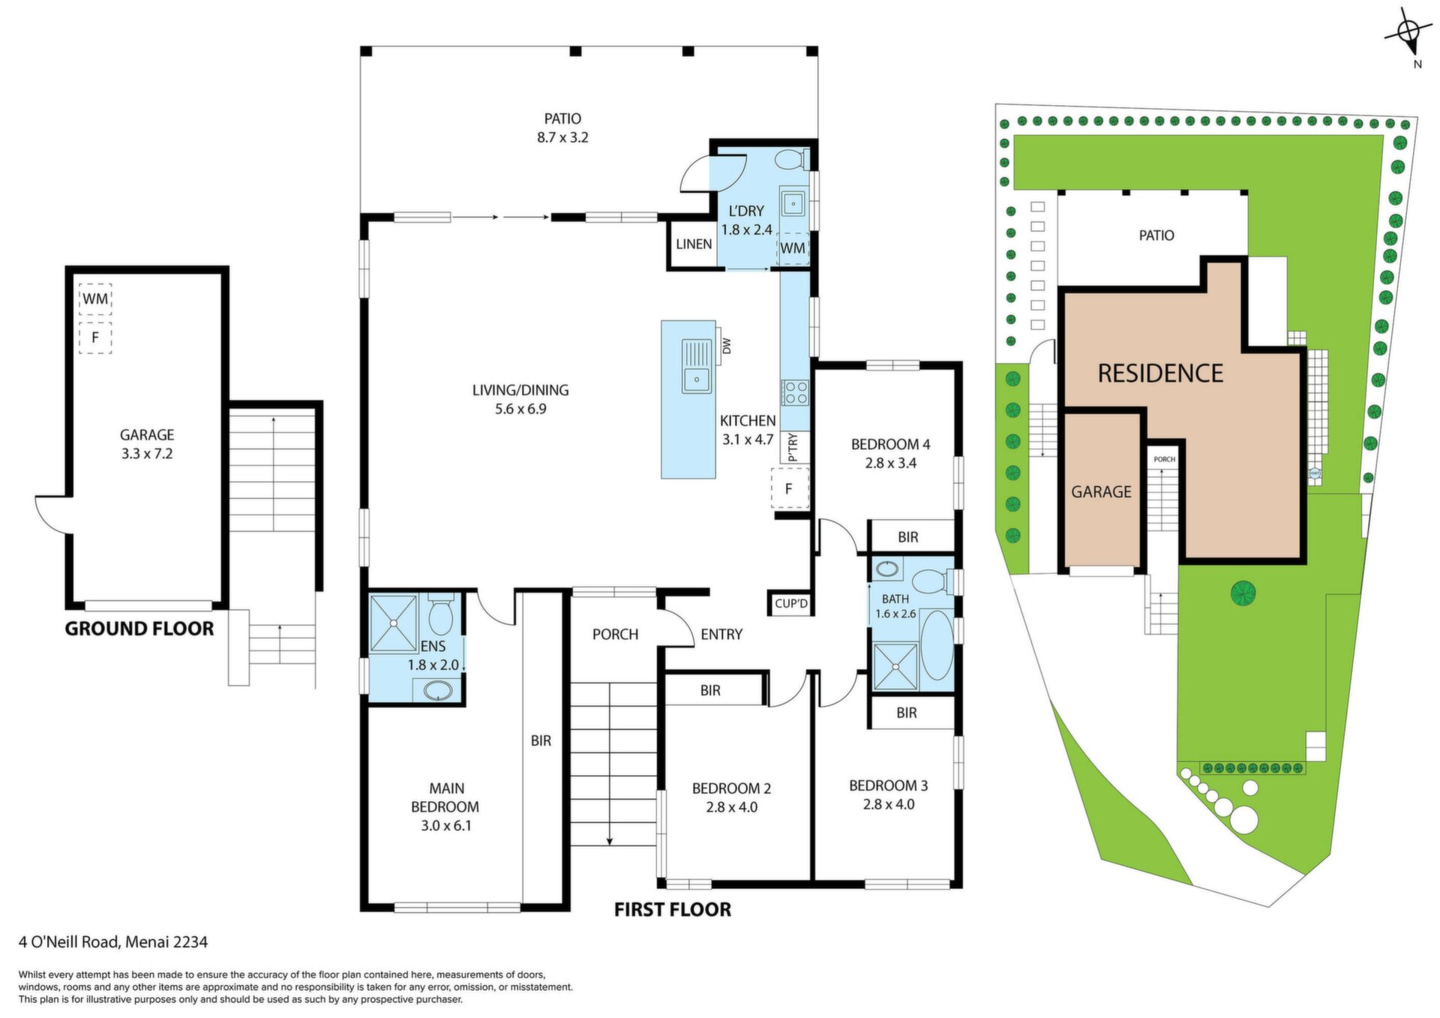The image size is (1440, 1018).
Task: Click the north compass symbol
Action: pos(1408,35)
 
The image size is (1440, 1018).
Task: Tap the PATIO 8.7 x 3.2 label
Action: pos(562,128)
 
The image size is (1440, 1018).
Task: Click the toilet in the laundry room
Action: pos(790,159)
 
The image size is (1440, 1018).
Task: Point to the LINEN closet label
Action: pos(694,244)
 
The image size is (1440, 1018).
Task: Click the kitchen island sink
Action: pos(697,367)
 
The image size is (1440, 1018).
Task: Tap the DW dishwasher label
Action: pos(725,346)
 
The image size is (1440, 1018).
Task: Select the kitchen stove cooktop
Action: pos(795,392)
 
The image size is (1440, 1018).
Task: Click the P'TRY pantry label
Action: pos(793,447)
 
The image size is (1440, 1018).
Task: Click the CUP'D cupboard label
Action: pos(791,603)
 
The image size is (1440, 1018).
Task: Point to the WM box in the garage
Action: pos(95,299)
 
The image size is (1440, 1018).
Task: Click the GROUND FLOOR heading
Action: pos(139,629)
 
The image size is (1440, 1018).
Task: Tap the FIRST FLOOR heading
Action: pos(673,909)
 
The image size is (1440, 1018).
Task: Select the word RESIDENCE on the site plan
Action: pos(1160,373)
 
